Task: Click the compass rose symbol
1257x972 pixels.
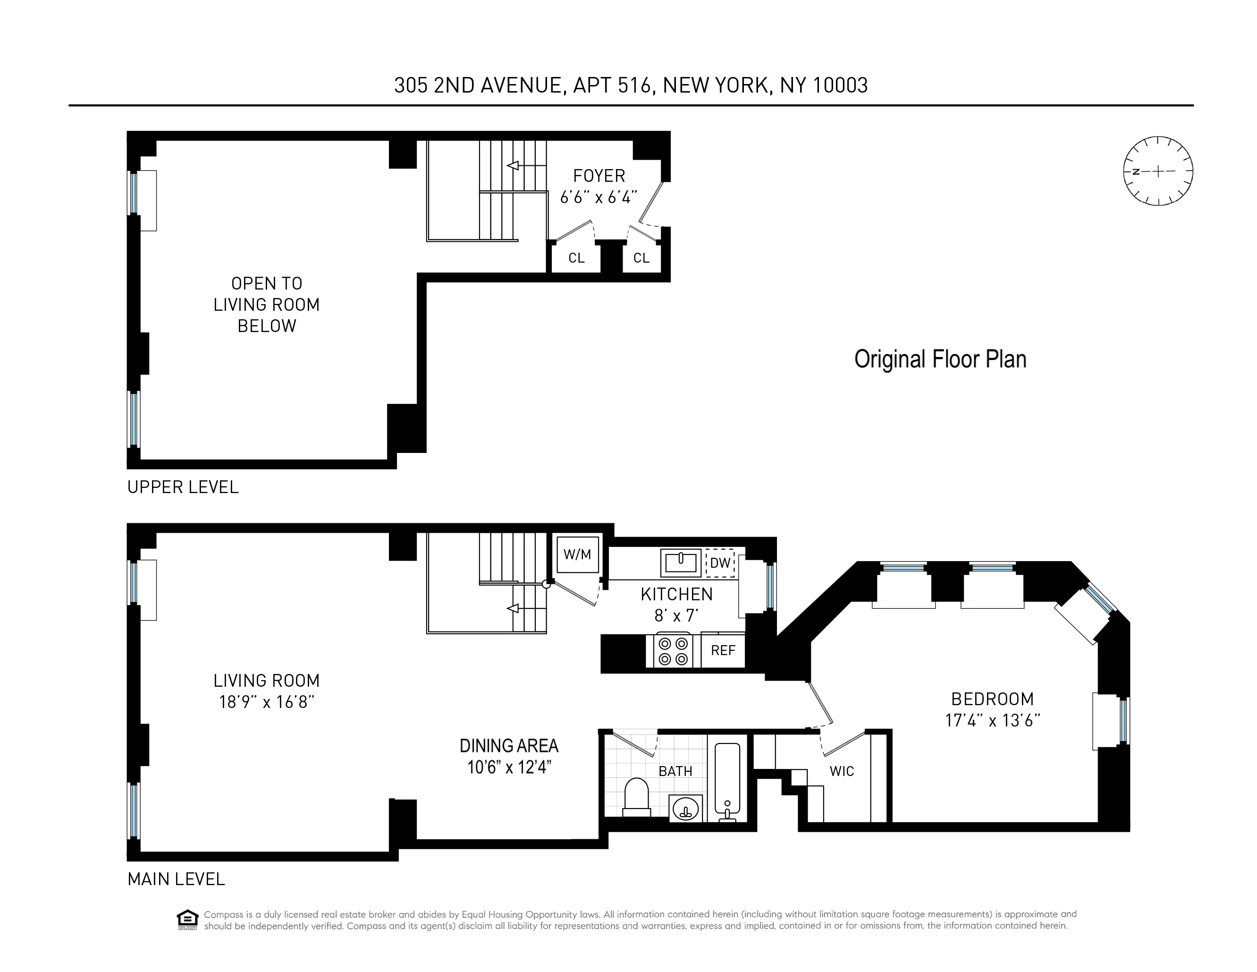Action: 1157,171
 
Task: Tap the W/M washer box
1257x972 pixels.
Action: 577,554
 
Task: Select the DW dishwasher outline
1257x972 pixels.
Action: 720,563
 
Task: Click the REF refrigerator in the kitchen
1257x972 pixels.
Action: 723,650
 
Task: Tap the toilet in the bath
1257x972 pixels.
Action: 637,798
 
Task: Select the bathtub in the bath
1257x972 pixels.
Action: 727,780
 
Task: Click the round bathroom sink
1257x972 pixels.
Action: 685,809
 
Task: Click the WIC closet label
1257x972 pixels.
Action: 842,771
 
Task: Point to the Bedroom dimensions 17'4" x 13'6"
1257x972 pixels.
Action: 992,720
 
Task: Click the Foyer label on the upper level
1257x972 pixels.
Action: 599,176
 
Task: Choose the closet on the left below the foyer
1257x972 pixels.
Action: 576,258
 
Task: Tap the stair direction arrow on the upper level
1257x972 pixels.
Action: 513,166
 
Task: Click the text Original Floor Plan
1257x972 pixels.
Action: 940,359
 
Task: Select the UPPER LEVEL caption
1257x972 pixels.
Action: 183,487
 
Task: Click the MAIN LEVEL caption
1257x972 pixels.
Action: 176,879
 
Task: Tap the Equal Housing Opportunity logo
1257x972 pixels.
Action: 187,920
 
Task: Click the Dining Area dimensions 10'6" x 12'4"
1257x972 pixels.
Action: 509,767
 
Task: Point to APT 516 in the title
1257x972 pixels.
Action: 612,85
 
